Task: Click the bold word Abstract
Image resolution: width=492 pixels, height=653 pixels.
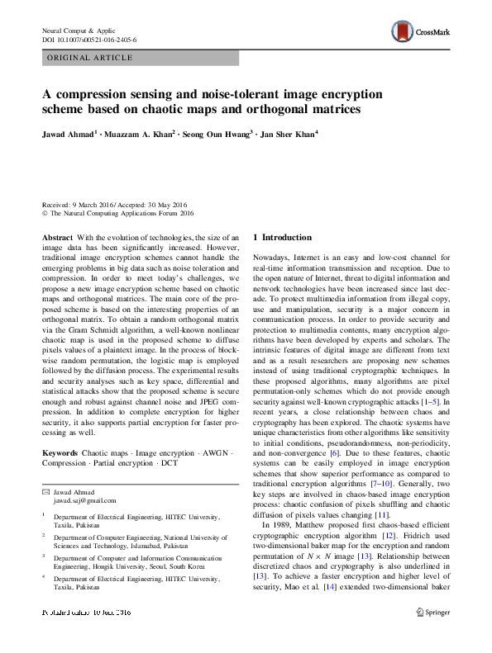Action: pos(58,237)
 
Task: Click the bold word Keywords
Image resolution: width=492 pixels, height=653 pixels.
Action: pos(60,454)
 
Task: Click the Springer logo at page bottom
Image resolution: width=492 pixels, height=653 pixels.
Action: pos(433,636)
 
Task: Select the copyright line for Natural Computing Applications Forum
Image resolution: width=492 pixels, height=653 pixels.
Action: pos(115,215)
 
